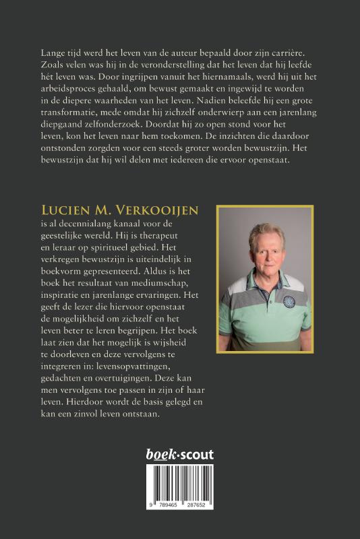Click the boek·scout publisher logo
(179, 455)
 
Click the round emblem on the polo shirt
(289, 301)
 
